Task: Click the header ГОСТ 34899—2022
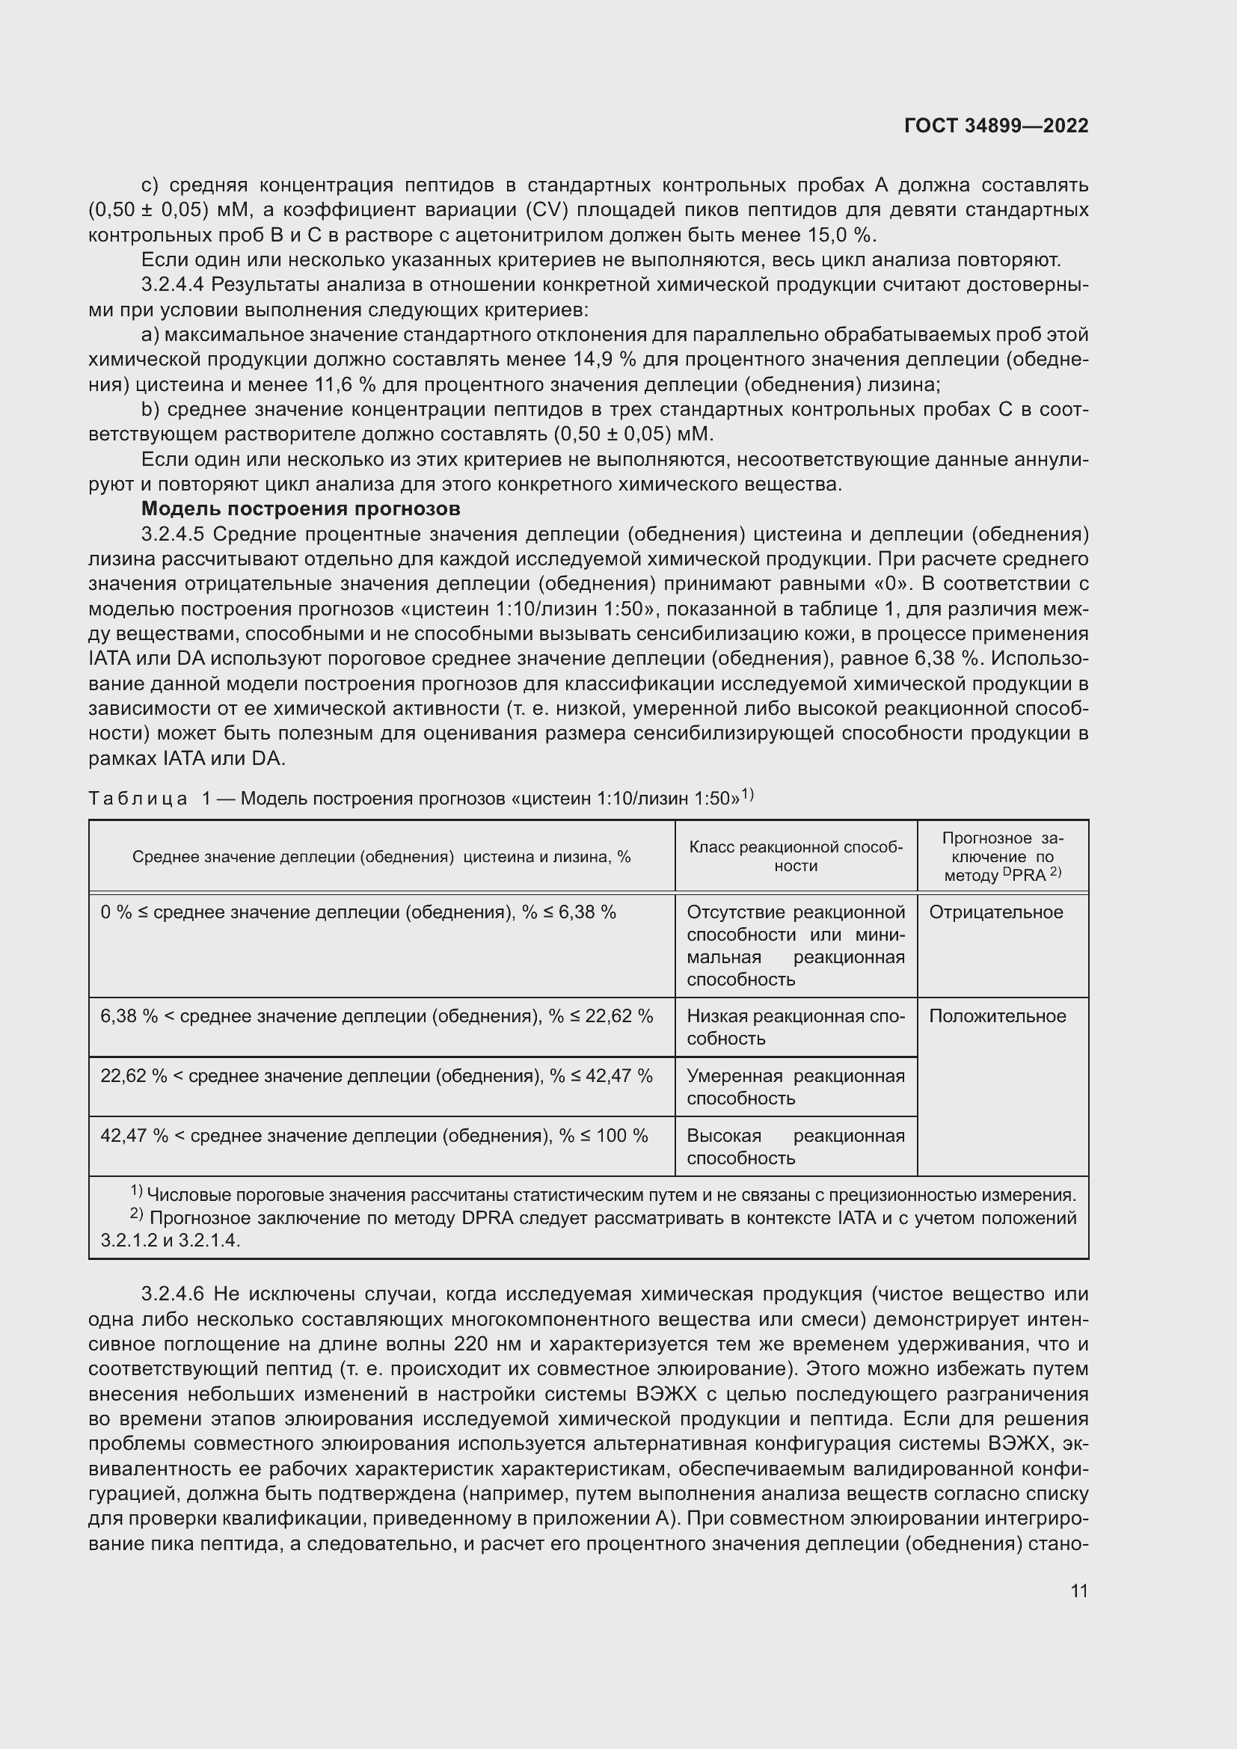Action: point(995,126)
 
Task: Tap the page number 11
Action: point(1078,1590)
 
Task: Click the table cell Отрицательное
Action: point(995,912)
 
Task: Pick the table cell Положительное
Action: point(997,1016)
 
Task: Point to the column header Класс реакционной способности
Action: point(795,856)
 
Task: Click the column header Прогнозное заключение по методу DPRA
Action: point(1002,856)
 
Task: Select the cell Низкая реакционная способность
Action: point(795,1027)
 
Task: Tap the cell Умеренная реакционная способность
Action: point(795,1087)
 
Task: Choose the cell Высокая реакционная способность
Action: point(795,1146)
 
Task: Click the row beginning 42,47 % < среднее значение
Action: point(374,1136)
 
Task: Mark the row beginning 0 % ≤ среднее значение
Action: point(358,912)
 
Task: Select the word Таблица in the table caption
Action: point(138,799)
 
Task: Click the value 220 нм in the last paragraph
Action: point(482,1344)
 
